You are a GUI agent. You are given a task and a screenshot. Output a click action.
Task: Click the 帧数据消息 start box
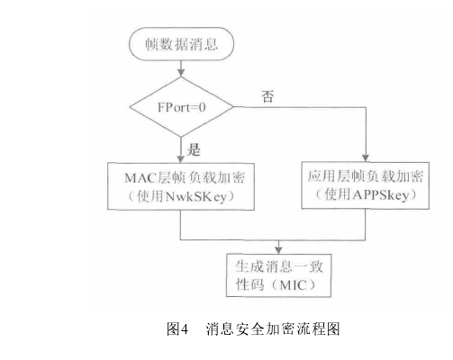[x=182, y=42]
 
